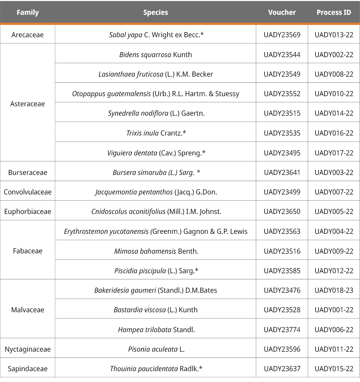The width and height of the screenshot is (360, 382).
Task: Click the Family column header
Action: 27,12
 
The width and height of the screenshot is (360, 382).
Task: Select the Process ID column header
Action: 334,12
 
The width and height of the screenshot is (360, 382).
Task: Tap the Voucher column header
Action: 282,12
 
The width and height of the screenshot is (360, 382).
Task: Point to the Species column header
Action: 155,12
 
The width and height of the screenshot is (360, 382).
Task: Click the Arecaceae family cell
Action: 27,35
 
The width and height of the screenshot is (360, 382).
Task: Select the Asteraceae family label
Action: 27,104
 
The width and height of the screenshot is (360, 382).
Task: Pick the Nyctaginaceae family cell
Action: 27,349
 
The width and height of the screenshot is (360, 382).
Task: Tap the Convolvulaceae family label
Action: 27,192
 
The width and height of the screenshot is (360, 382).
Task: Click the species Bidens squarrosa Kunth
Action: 155,55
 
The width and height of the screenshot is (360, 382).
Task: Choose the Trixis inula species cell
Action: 155,133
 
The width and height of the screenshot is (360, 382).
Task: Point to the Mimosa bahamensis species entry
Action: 155,251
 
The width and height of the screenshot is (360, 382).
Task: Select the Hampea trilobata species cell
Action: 155,330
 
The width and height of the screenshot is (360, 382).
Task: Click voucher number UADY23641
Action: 282,172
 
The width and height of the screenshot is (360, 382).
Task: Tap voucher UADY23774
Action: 282,330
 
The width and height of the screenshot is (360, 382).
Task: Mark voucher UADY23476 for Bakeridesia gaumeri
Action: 282,290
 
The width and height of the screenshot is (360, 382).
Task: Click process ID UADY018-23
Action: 334,290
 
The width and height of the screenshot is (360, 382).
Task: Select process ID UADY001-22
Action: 334,310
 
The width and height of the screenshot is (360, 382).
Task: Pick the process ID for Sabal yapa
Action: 334,35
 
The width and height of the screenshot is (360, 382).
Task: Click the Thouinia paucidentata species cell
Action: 155,369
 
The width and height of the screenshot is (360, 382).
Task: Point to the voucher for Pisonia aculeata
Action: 282,349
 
